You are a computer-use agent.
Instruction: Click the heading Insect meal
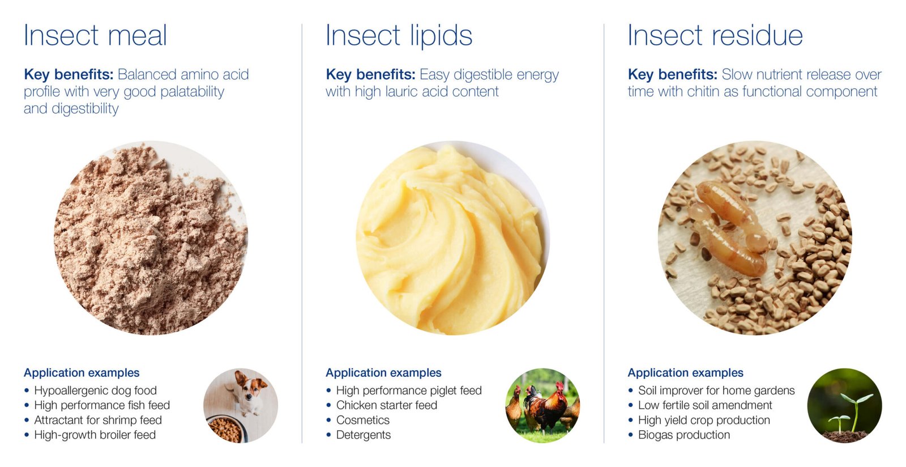(x=96, y=35)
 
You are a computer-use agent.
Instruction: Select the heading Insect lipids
(x=399, y=36)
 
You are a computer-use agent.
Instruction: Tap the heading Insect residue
(x=715, y=35)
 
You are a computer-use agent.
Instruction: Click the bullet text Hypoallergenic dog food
(x=96, y=390)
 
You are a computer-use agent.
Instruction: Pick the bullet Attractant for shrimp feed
(x=98, y=420)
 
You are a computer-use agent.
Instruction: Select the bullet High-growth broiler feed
(x=95, y=435)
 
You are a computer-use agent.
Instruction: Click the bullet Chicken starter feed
(x=387, y=405)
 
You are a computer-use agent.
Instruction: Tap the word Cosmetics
(x=363, y=420)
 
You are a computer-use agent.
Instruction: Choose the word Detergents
(x=364, y=435)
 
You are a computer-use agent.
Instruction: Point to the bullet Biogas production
(x=684, y=435)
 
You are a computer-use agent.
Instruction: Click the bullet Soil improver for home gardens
(x=716, y=390)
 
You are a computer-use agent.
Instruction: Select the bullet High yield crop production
(x=704, y=420)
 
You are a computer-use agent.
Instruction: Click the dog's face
(x=253, y=387)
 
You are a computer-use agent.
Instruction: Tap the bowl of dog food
(x=226, y=429)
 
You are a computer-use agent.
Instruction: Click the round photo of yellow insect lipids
(x=453, y=238)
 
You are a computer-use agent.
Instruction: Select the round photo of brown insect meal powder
(x=151, y=238)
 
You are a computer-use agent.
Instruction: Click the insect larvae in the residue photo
(x=728, y=228)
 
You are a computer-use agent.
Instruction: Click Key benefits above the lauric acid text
(x=370, y=75)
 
